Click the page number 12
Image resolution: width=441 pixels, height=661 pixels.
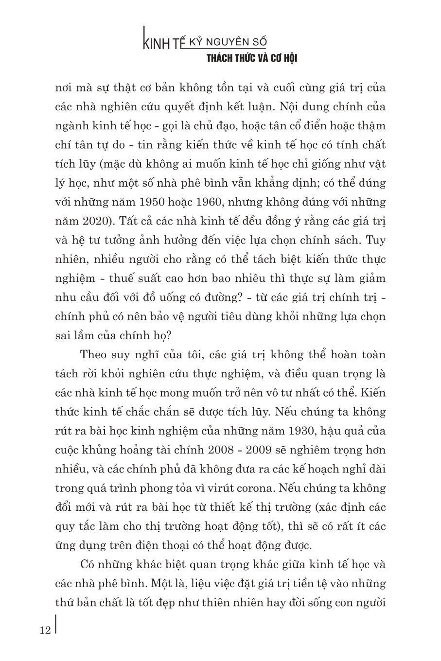(45, 630)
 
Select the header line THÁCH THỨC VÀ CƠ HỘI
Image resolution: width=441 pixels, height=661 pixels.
(251, 58)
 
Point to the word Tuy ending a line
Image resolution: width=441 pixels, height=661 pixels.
(375, 239)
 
